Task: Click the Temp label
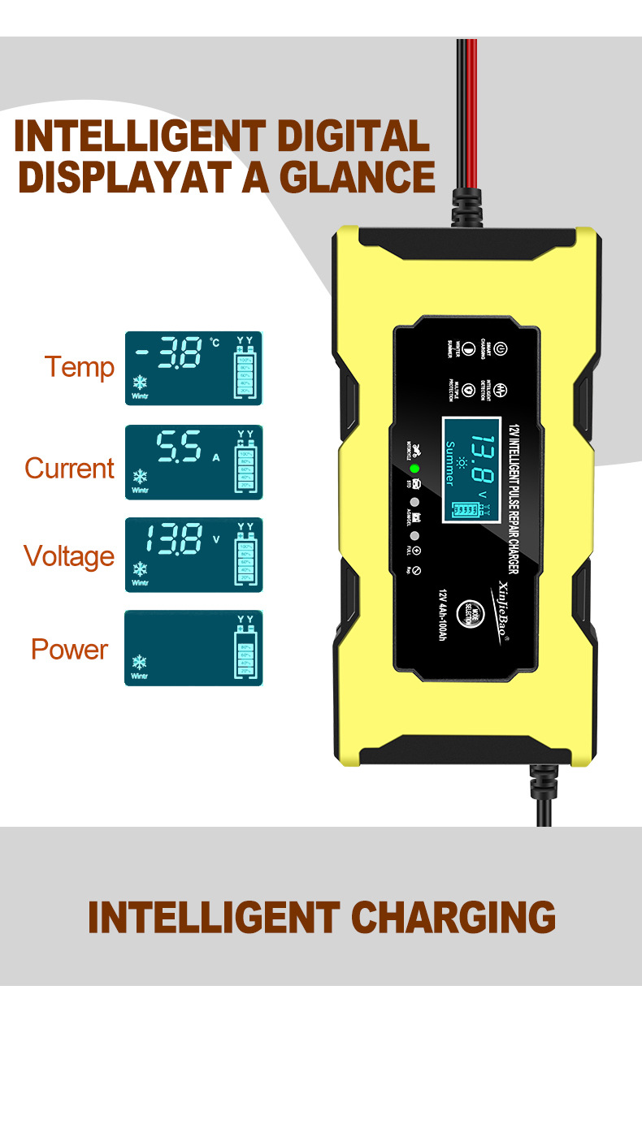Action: (x=79, y=367)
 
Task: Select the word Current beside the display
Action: (x=69, y=469)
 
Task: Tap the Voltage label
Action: (x=69, y=556)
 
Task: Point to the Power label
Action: (x=69, y=650)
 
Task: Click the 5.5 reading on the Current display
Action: (x=178, y=447)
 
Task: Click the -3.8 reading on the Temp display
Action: (x=171, y=354)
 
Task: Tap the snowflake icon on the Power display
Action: (x=139, y=662)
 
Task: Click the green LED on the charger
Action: (x=414, y=469)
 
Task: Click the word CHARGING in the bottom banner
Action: (x=453, y=918)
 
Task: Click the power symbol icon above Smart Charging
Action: (x=501, y=348)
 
